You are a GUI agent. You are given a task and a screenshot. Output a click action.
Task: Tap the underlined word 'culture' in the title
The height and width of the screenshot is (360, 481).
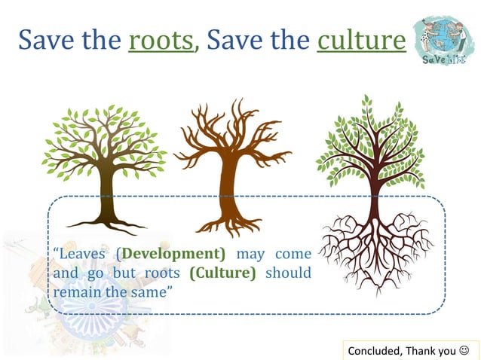(x=360, y=39)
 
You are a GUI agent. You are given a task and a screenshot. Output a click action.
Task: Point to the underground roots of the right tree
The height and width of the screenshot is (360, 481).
(x=374, y=249)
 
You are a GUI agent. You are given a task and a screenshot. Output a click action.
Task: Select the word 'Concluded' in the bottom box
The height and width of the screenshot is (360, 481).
(x=375, y=350)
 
